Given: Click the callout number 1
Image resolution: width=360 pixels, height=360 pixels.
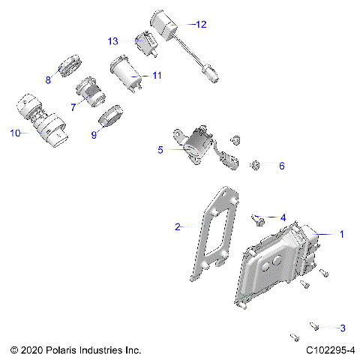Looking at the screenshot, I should click(x=342, y=235).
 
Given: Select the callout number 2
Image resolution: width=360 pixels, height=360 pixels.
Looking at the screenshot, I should click(x=177, y=226).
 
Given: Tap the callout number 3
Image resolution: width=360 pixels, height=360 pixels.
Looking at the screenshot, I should click(x=343, y=328).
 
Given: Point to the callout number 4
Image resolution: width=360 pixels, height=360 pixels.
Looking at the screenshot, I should click(x=283, y=217).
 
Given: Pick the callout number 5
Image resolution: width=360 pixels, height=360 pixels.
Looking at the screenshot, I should click(x=160, y=150).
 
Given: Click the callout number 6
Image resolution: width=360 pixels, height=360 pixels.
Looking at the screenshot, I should click(x=282, y=165).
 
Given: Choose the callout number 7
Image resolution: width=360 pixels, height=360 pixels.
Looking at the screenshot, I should click(x=73, y=107).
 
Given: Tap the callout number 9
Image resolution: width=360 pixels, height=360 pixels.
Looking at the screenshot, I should click(x=94, y=136).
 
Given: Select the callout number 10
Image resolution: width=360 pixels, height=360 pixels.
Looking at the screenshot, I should click(x=15, y=133).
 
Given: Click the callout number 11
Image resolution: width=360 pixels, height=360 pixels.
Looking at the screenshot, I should click(x=156, y=76).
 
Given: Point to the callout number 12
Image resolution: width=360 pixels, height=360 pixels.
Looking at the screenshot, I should click(x=199, y=24).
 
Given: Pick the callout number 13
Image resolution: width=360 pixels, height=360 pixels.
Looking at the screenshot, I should click(x=113, y=40).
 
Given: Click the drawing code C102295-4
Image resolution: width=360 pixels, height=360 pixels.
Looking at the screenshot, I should click(x=330, y=350).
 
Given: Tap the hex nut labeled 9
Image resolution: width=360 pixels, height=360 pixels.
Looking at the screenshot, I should click(x=110, y=118).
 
